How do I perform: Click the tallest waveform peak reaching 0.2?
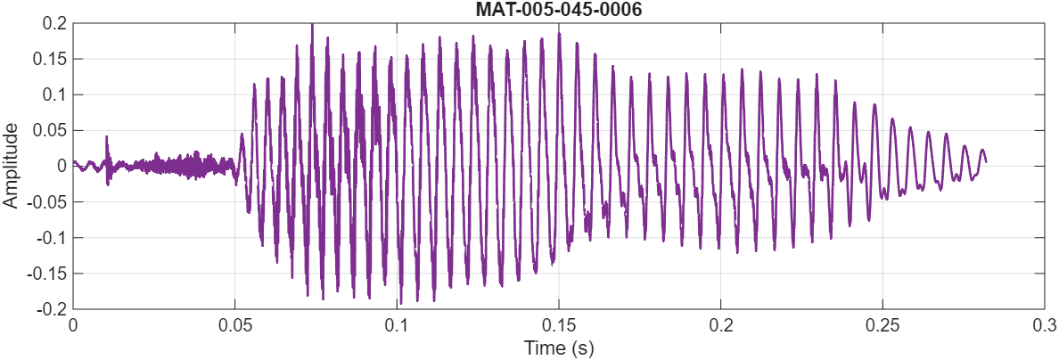coord(312,26)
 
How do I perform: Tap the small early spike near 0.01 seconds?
coord(107,137)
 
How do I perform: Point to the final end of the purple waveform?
coord(986,161)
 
